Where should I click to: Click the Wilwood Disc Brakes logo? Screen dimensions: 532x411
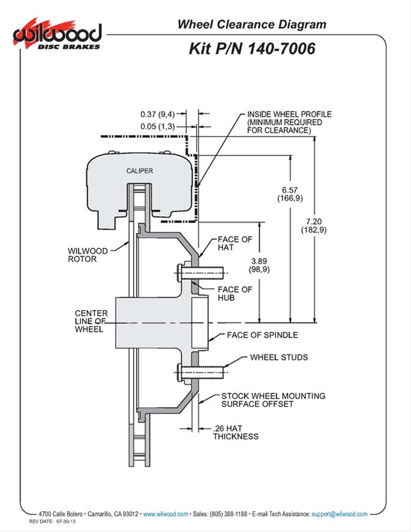57,34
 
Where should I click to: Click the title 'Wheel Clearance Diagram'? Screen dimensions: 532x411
251,24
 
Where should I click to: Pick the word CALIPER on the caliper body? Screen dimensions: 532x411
139,171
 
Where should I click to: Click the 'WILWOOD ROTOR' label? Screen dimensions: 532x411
88,255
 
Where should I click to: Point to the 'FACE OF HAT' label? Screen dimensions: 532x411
234,244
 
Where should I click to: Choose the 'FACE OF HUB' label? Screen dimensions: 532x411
234,294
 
